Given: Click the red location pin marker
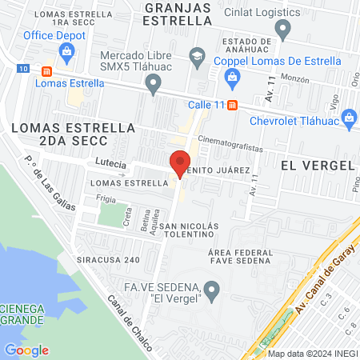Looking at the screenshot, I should pyautogui.click(x=180, y=163).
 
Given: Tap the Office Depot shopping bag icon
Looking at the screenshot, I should pyautogui.click(x=66, y=54).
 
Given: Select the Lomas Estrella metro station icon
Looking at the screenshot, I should pyautogui.click(x=46, y=70).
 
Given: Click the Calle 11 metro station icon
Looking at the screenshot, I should pyautogui.click(x=232, y=104).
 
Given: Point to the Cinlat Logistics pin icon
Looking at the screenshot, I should pyautogui.click(x=282, y=30).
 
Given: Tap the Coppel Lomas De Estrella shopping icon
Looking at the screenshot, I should pyautogui.click(x=232, y=76).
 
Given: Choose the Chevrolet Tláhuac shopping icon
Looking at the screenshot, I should pyautogui.click(x=349, y=118).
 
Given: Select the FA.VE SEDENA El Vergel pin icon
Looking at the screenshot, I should pyautogui.click(x=211, y=290).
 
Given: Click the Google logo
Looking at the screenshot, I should pyautogui.click(x=26, y=350).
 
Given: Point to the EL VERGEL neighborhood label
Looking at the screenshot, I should pyautogui.click(x=318, y=164).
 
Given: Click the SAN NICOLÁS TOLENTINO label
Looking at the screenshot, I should pyautogui.click(x=189, y=231).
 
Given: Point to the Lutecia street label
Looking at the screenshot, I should pyautogui.click(x=110, y=162).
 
